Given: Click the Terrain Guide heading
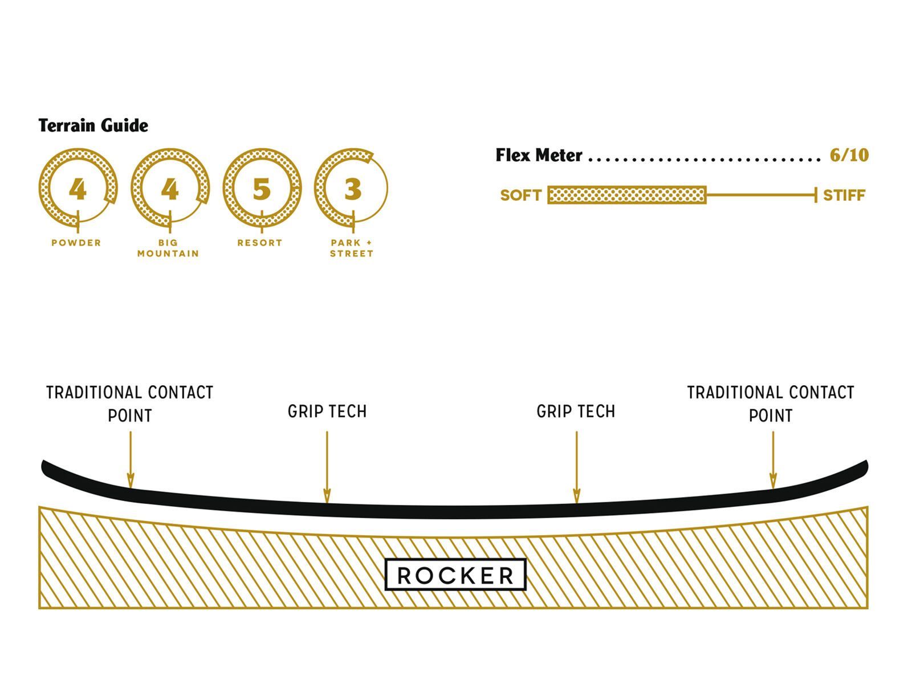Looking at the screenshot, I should (93, 125).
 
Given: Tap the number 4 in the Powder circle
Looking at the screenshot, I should (78, 189).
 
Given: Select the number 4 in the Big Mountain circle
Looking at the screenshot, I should (169, 189).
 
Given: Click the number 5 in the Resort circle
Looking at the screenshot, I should (261, 189).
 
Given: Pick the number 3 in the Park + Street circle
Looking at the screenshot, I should (353, 189).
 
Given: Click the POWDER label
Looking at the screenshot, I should (76, 243).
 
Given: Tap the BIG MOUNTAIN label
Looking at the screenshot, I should (168, 248).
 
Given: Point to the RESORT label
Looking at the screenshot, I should (260, 243).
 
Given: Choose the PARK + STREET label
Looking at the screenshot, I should (352, 248).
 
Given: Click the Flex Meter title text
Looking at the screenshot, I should (539, 155).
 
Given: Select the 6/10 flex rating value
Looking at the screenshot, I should (849, 155).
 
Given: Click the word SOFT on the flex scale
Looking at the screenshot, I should (520, 196).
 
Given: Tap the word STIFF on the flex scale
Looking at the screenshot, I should (844, 196).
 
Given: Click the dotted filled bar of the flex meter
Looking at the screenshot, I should (627, 195).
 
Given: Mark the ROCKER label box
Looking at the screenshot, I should (455, 575).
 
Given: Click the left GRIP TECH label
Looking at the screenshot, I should (327, 412).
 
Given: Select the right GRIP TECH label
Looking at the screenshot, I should (576, 412).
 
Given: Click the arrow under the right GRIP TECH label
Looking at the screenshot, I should (576, 467).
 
